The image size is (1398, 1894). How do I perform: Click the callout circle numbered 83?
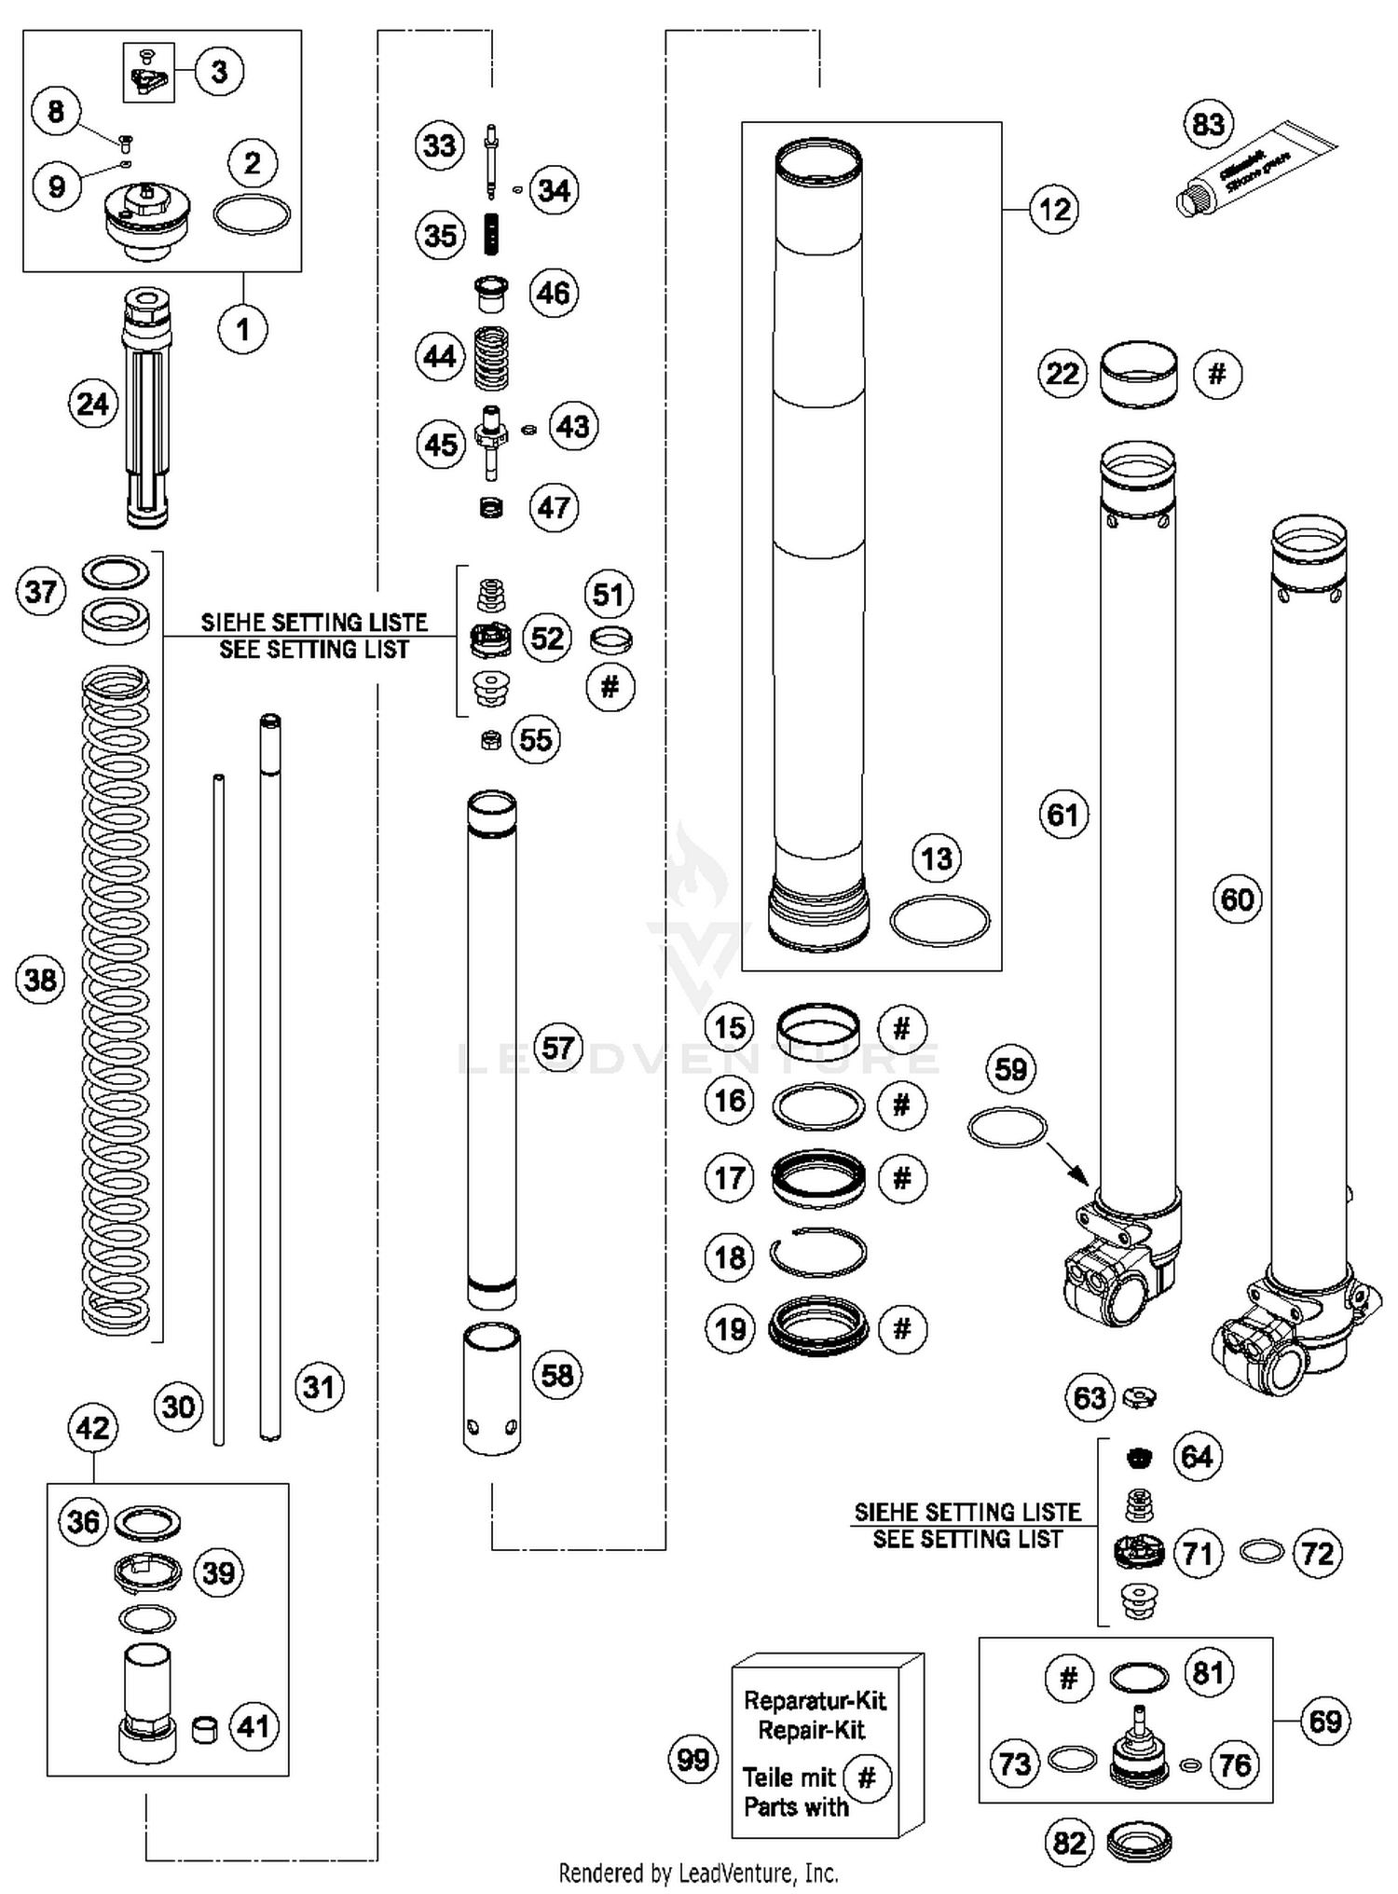click(x=1208, y=124)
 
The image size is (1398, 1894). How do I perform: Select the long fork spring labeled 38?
click(x=116, y=997)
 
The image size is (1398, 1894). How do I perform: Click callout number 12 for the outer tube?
click(x=1054, y=209)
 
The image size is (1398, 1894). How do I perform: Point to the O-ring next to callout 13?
click(x=939, y=921)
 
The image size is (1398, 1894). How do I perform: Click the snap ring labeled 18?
click(x=817, y=1254)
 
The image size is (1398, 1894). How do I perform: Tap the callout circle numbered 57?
click(x=557, y=1048)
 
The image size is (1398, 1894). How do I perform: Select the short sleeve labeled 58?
click(x=492, y=1390)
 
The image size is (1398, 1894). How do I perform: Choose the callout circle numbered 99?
click(x=693, y=1760)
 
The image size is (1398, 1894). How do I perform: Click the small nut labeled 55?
click(x=490, y=740)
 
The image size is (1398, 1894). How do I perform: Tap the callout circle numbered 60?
click(x=1237, y=899)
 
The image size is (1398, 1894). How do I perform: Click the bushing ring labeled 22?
click(x=1138, y=373)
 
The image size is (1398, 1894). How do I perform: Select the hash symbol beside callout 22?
click(x=1217, y=374)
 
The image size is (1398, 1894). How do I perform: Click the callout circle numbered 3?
click(x=219, y=72)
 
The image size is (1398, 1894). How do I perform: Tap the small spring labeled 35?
click(x=491, y=234)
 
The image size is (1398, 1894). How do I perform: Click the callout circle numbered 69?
click(x=1324, y=1721)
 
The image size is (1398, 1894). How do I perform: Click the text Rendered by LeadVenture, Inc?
click(x=698, y=1872)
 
